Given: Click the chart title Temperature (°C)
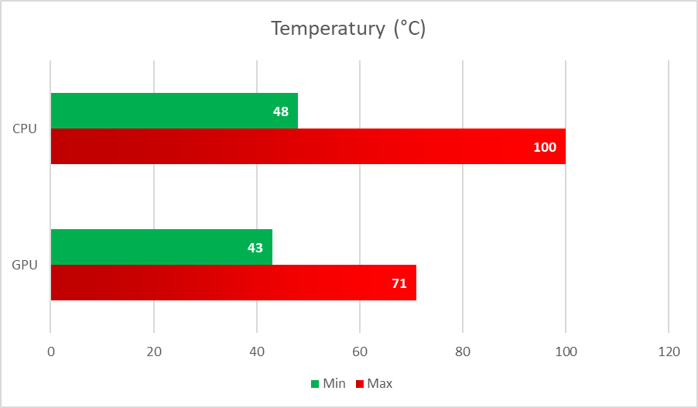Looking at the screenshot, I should (348, 29).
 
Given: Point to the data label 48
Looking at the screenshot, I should (281, 111).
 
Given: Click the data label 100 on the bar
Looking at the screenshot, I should (545, 147).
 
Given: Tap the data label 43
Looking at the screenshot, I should (255, 248).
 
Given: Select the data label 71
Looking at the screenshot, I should (399, 283).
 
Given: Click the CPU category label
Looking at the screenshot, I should (25, 129).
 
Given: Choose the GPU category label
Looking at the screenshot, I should (25, 265).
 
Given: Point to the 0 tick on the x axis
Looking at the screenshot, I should (51, 351).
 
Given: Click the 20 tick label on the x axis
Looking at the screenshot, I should (154, 351).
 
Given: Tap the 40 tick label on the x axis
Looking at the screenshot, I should (257, 351).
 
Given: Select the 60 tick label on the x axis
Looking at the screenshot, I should (360, 351).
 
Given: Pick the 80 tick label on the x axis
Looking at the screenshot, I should (463, 351).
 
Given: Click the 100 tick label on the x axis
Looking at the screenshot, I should (566, 351).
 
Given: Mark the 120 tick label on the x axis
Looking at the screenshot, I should (669, 351).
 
